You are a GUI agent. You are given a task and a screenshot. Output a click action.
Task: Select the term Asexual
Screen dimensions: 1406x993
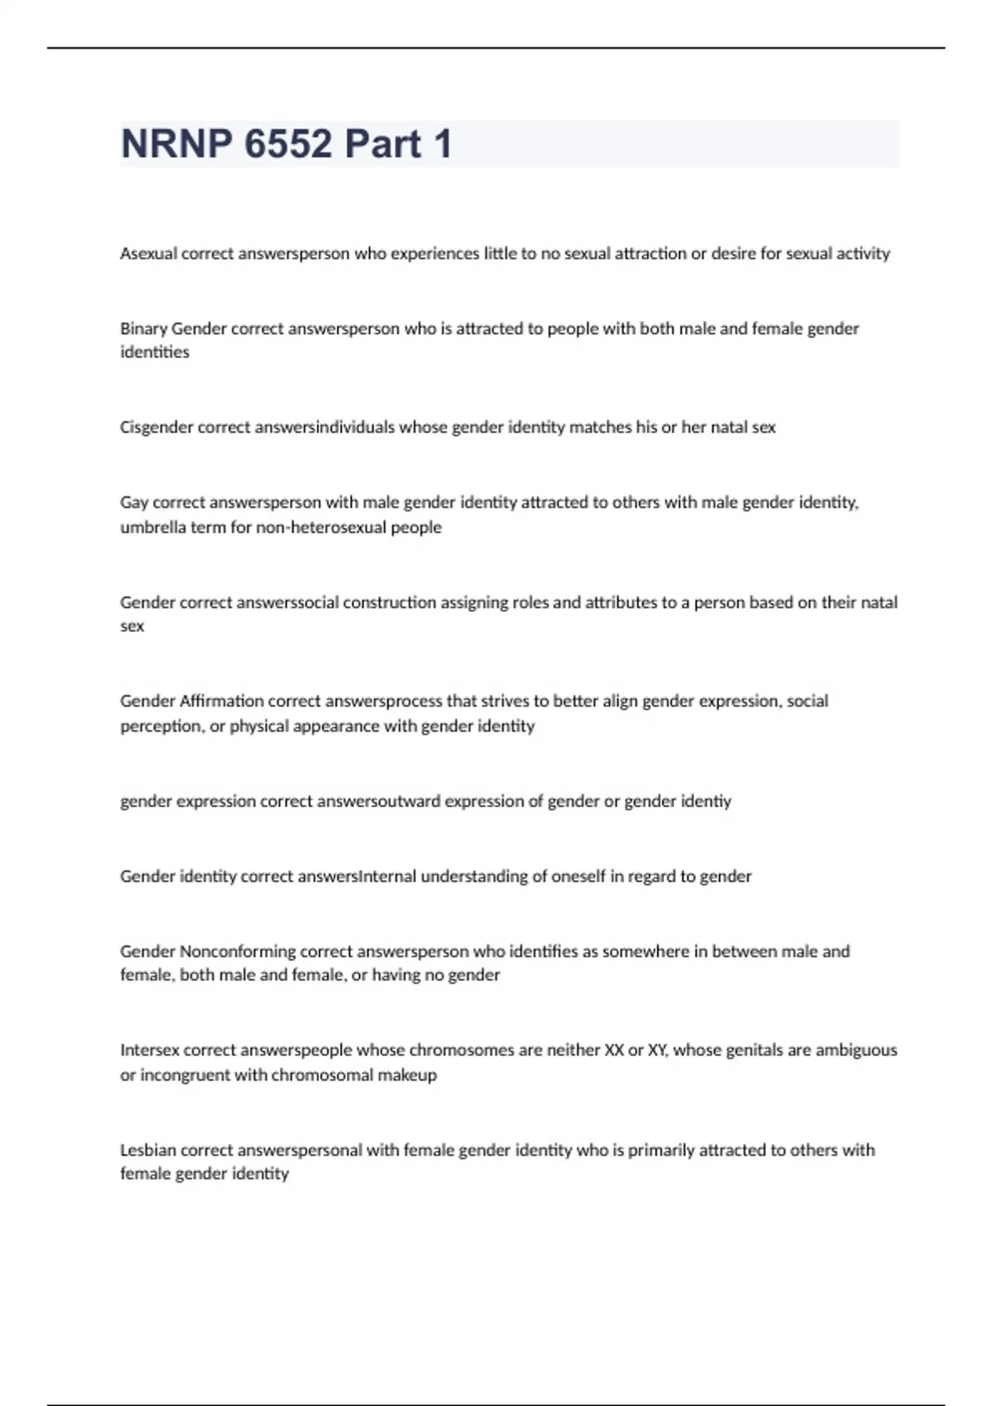point(149,254)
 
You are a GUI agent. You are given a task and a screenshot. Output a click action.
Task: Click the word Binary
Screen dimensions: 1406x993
point(143,328)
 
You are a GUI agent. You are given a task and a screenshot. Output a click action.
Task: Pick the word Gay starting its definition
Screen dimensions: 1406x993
point(134,502)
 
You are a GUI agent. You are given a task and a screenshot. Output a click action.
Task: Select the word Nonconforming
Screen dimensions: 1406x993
point(237,951)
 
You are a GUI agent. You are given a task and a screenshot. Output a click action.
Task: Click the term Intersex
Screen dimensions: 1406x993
point(149,1050)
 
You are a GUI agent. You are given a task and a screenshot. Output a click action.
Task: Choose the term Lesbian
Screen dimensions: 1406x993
point(148,1150)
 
